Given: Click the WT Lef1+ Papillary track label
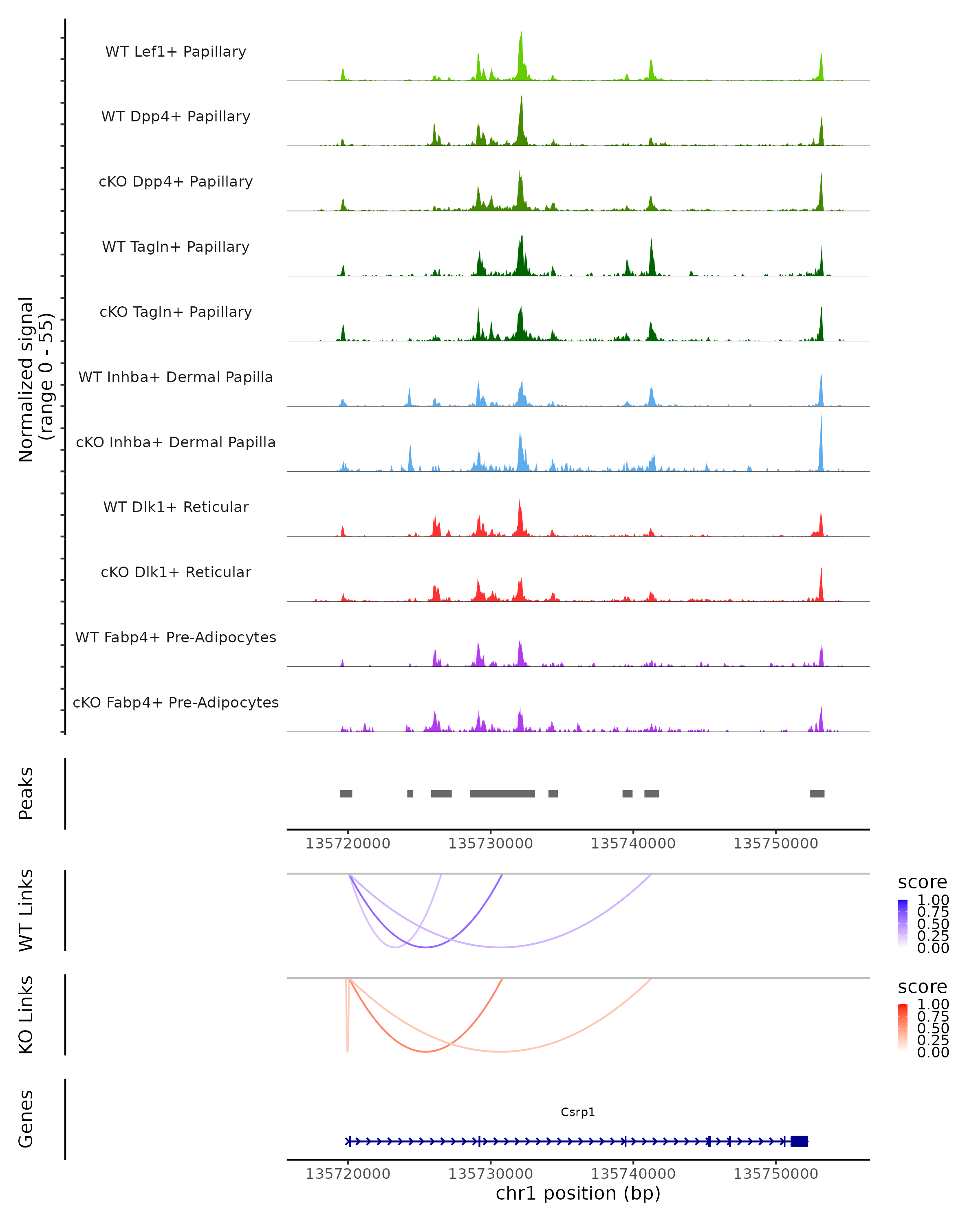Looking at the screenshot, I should point(176,52).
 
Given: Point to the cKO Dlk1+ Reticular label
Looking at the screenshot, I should point(176,572).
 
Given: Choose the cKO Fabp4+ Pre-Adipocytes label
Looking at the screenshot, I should point(176,702).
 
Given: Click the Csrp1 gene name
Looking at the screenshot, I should point(578,1112).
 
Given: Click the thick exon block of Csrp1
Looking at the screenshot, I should point(799,1141).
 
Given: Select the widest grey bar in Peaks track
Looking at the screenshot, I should point(502,793).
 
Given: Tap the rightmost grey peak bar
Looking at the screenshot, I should point(817,793).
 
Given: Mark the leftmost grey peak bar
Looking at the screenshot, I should point(346,793).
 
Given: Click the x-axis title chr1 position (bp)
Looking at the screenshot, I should point(578,1193).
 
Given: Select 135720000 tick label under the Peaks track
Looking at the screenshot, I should point(348,844).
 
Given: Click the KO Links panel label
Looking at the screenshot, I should point(26,1015).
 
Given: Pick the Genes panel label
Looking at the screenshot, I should point(26,1119).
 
